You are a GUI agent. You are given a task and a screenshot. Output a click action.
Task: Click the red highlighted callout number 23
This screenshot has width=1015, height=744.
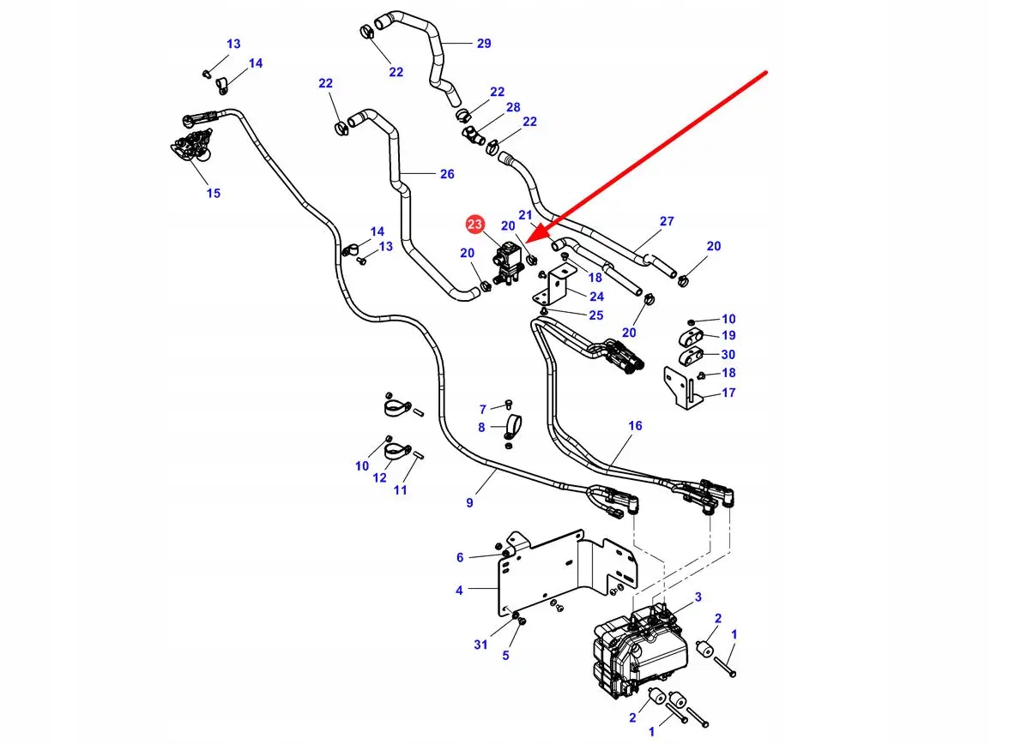(x=474, y=225)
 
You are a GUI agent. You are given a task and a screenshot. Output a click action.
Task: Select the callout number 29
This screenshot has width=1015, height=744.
(x=484, y=44)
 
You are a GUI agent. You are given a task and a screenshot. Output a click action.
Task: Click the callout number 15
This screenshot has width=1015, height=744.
(x=214, y=193)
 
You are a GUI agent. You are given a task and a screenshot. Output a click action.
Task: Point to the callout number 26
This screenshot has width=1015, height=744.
(x=447, y=174)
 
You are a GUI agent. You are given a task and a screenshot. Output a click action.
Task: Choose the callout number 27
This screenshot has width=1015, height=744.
(x=667, y=221)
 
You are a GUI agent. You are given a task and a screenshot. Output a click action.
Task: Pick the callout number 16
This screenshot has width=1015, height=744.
(x=635, y=426)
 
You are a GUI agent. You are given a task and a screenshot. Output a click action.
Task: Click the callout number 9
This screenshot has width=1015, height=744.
(x=469, y=502)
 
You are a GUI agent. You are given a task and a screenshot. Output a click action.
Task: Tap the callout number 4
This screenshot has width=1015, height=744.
(x=459, y=590)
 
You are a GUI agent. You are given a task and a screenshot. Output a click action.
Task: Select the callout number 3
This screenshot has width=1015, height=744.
(x=698, y=597)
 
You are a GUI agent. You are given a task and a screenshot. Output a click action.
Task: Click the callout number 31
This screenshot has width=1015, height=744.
(x=481, y=645)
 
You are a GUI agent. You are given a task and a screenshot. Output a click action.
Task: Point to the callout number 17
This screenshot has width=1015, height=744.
(x=728, y=393)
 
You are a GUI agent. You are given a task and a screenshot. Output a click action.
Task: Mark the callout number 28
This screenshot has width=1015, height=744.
(x=513, y=107)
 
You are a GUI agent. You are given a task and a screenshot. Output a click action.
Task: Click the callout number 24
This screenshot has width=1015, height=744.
(x=596, y=297)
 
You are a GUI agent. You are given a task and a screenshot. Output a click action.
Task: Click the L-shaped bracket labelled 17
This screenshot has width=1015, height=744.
(x=682, y=385)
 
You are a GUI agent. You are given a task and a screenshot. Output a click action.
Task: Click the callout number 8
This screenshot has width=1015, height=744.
(x=481, y=427)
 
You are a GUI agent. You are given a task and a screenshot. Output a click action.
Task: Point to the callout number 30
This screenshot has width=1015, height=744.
(x=728, y=354)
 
